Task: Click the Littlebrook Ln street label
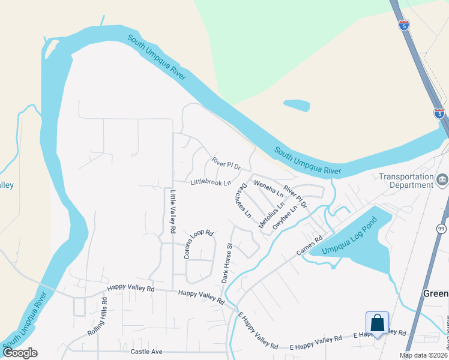tap(210, 182)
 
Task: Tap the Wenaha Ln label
tap(268, 188)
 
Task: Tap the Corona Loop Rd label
tap(199, 244)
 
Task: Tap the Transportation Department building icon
tap(442, 179)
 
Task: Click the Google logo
tap(20, 353)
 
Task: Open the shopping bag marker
tap(378, 323)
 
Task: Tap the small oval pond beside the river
tap(297, 106)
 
